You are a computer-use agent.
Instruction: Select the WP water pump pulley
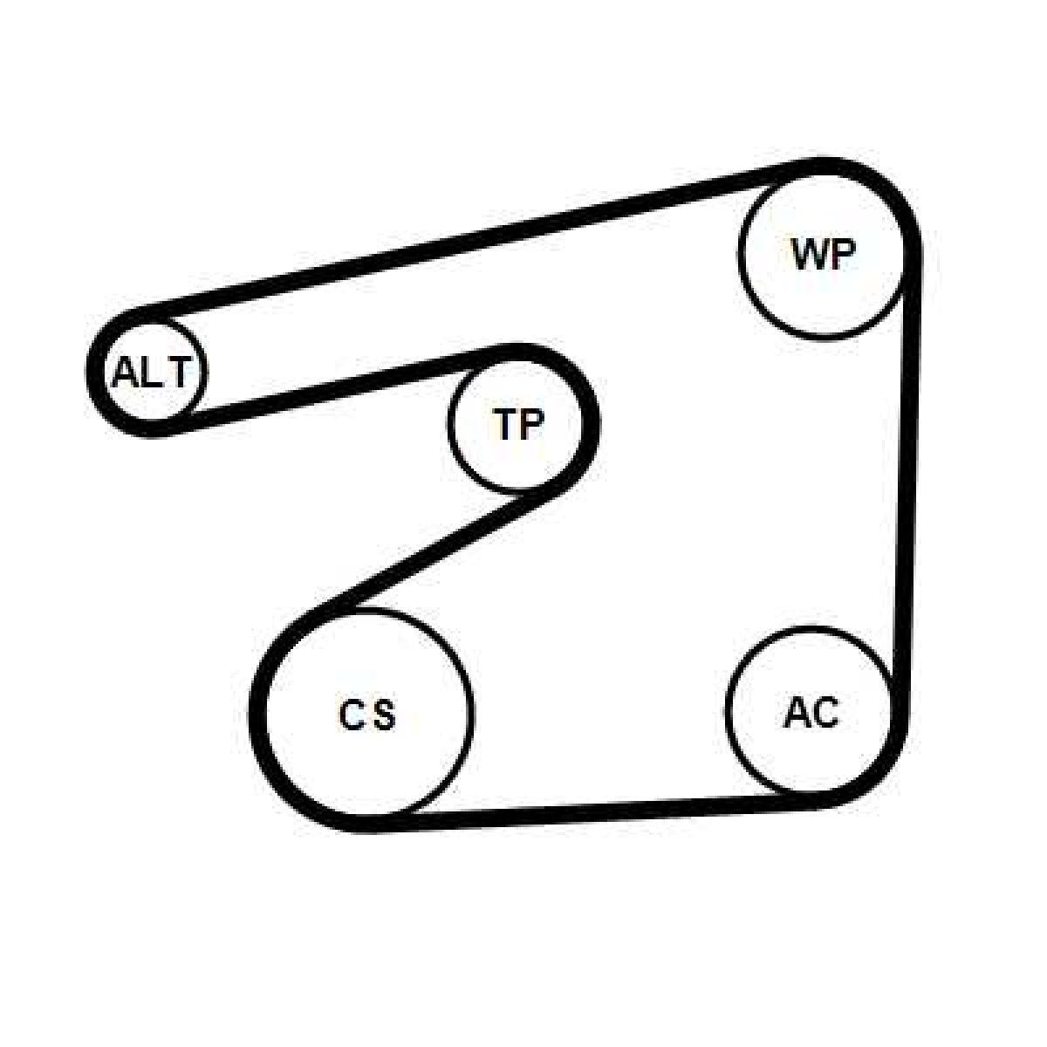pyautogui.click(x=823, y=253)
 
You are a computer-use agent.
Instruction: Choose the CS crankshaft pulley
pyautogui.click(x=365, y=716)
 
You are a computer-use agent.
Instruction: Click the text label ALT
pyautogui.click(x=152, y=373)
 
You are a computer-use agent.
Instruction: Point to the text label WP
pyautogui.click(x=824, y=254)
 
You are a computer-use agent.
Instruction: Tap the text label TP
pyautogui.click(x=518, y=423)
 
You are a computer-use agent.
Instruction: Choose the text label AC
pyautogui.click(x=811, y=712)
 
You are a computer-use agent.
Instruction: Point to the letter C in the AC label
pyautogui.click(x=825, y=712)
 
